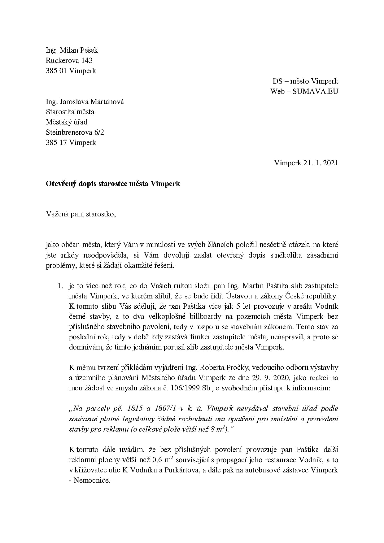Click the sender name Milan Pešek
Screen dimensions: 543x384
pos(79,50)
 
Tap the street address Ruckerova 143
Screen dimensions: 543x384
pos(69,60)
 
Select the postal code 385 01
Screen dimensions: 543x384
pos(56,71)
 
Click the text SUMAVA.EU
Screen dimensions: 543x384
pos(315,91)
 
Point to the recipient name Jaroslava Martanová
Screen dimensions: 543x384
pos(92,102)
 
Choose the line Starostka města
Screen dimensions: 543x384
pos(70,112)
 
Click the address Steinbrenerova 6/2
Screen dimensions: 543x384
pos(75,132)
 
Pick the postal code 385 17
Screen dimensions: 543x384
pos(56,142)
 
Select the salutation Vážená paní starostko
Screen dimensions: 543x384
pos(80,214)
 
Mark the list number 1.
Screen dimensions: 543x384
pos(60,286)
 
